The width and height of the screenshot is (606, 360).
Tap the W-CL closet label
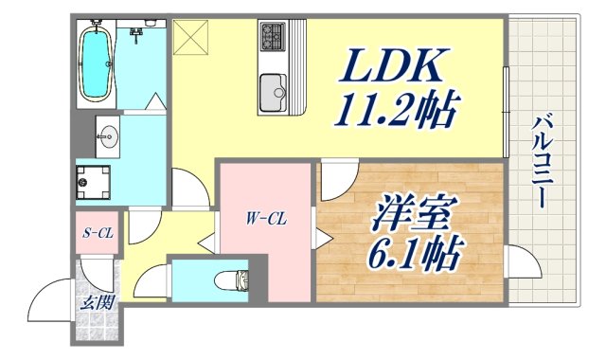[266, 221]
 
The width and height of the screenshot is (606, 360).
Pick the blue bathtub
[97, 62]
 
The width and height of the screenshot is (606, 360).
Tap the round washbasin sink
[106, 136]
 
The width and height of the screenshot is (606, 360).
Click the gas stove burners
[272, 38]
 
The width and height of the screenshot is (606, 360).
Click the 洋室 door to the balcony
[519, 261]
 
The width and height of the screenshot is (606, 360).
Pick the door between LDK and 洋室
[333, 180]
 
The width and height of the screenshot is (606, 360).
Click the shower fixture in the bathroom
[138, 35]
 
